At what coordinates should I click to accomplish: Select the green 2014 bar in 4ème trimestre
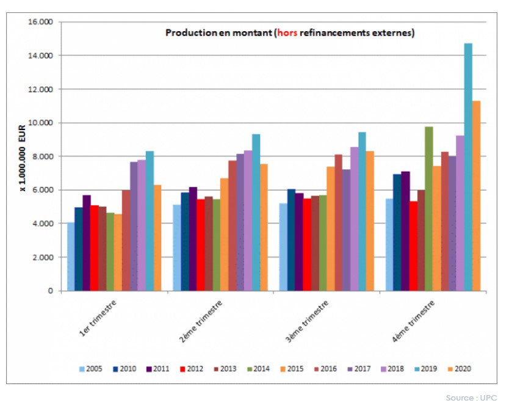pos(428,208)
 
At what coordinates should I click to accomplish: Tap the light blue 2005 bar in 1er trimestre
pos(71,256)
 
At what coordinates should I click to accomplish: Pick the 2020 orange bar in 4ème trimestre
pos(476,195)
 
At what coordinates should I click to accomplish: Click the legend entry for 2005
pos(90,369)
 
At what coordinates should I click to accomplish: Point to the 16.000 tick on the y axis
pos(41,22)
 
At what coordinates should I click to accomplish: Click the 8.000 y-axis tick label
pos(43,156)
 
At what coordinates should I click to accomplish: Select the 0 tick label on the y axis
pos(51,291)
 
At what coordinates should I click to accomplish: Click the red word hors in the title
pos(287,33)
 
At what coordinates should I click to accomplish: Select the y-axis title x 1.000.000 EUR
pos(22,156)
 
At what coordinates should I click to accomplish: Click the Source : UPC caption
pos(471,398)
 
